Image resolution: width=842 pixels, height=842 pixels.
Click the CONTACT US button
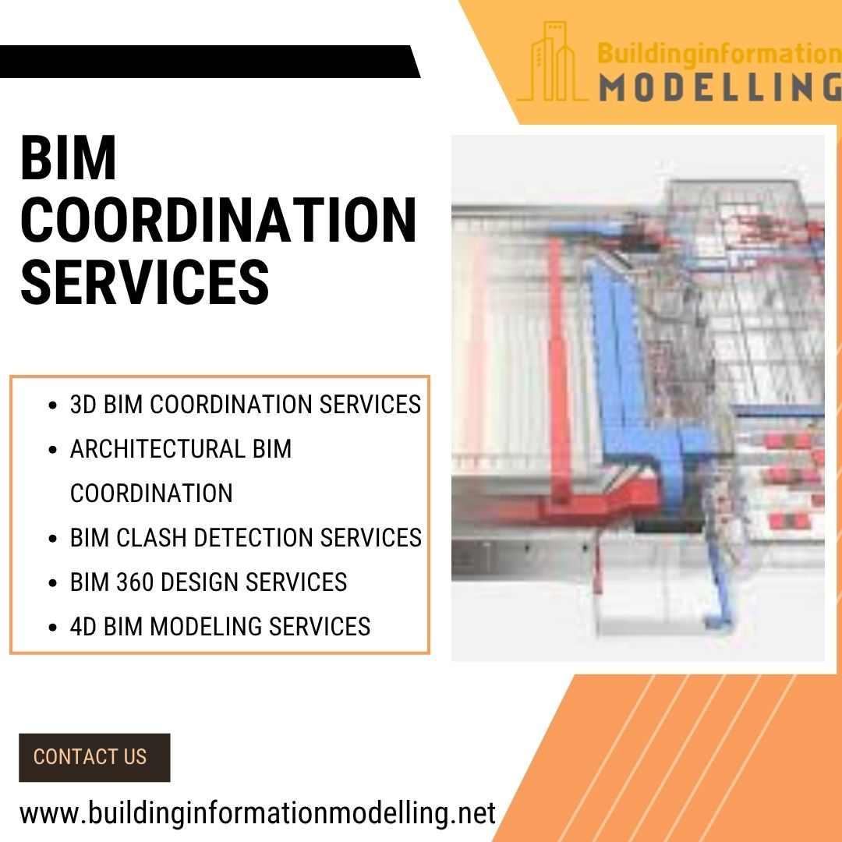(x=94, y=757)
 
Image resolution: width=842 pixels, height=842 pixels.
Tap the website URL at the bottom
(x=258, y=813)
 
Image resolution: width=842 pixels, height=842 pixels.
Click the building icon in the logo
(x=551, y=62)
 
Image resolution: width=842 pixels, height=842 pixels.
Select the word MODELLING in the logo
(x=720, y=87)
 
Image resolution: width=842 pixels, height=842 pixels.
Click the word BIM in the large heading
(x=68, y=158)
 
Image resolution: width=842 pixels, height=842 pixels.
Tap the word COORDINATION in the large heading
(x=218, y=220)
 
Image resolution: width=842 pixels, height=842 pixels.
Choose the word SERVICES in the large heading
(x=144, y=282)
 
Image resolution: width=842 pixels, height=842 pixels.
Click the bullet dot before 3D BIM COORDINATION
(x=52, y=405)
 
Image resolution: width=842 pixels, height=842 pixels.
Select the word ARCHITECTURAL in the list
(x=157, y=449)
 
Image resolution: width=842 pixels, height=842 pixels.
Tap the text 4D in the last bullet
(x=83, y=627)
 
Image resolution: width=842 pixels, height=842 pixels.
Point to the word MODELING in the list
(x=206, y=627)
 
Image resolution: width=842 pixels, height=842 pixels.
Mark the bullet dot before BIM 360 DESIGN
(x=52, y=583)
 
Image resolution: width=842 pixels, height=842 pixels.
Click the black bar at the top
(x=210, y=62)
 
